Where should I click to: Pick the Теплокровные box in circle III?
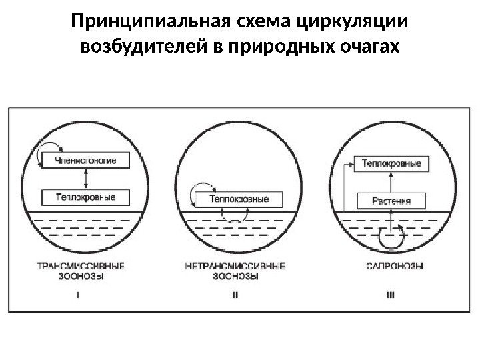click(391, 162)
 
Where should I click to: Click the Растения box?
click(391, 200)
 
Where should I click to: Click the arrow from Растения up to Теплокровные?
click(391, 181)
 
